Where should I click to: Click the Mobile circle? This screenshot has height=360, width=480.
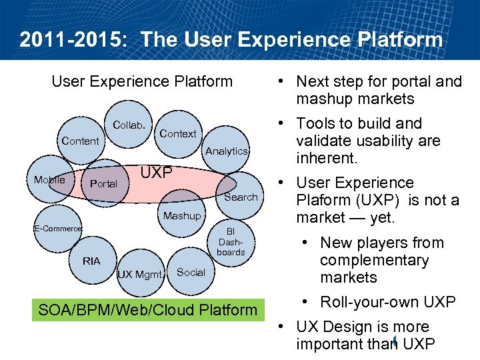click(50, 179)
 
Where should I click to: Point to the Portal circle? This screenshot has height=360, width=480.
click(103, 183)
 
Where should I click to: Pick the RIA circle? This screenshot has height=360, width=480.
click(91, 261)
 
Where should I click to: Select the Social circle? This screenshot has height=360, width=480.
click(191, 272)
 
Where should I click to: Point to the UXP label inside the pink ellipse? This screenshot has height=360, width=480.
click(156, 173)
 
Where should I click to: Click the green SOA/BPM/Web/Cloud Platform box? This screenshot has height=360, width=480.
click(147, 310)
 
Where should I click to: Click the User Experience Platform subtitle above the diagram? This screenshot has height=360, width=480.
click(142, 82)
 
